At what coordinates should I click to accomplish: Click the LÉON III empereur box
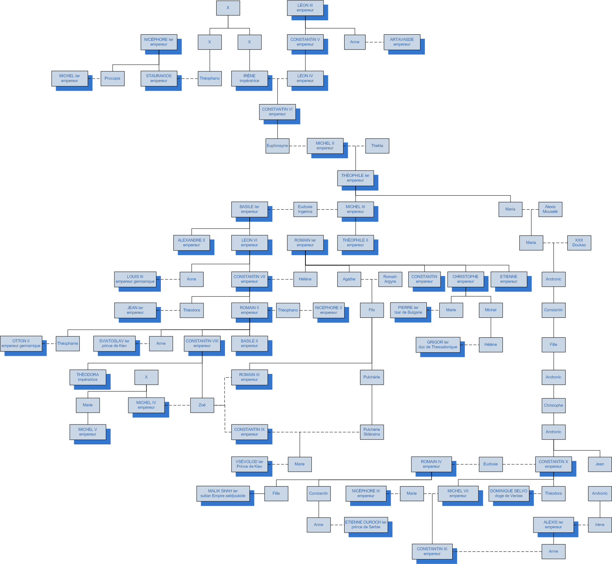(x=305, y=8)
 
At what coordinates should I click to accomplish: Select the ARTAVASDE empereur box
(x=402, y=42)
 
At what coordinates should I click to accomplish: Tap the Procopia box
(x=112, y=78)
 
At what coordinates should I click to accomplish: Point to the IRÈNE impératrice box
(x=249, y=78)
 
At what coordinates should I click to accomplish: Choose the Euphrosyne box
(x=277, y=146)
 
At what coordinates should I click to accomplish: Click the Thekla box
(x=377, y=146)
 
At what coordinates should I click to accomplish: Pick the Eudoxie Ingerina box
(x=305, y=209)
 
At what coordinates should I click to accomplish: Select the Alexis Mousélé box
(x=550, y=209)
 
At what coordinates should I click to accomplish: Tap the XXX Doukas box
(x=579, y=243)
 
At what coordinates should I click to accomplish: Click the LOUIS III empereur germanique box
(x=135, y=279)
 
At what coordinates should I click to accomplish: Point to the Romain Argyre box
(x=390, y=279)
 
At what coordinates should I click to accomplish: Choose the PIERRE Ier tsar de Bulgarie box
(x=408, y=310)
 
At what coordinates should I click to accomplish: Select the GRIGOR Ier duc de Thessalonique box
(x=438, y=344)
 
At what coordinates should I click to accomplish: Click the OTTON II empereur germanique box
(x=21, y=343)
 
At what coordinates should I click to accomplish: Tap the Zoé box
(x=202, y=405)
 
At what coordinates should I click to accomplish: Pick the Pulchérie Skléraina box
(x=371, y=432)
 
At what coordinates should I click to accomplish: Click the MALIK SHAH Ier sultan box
(x=223, y=493)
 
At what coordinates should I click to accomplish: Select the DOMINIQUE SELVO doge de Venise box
(x=508, y=493)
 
